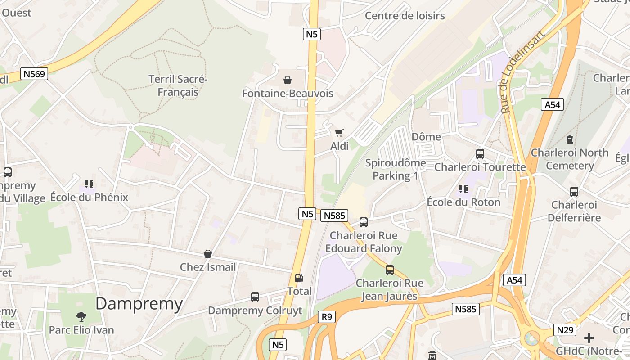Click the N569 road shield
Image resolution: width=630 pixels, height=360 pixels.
(35, 74)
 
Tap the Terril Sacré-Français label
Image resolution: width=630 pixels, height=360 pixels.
(178, 86)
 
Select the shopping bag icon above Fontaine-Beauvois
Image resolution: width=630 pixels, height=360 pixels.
(288, 80)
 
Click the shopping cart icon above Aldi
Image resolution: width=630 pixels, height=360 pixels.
(339, 133)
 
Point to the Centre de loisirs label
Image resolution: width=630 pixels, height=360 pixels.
(405, 16)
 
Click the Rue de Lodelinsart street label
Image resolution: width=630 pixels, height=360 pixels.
(523, 72)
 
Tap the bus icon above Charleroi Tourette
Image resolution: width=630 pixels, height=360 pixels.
(480, 154)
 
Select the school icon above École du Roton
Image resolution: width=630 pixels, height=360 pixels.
(463, 189)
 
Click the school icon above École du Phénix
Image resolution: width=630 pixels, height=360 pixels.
(89, 184)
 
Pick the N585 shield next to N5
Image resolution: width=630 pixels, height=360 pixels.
(334, 216)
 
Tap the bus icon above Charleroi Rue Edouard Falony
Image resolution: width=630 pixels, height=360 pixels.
(364, 222)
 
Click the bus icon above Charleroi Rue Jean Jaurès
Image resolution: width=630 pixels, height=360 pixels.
(390, 270)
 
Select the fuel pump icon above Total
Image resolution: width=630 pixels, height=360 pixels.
(299, 278)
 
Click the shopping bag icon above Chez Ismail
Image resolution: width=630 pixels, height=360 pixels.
(208, 254)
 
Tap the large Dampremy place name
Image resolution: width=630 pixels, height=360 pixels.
(139, 304)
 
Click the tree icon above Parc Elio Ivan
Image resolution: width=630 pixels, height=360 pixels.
(81, 316)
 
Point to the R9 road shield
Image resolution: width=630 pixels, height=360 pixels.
(327, 317)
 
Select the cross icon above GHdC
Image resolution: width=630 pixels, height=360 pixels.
(589, 337)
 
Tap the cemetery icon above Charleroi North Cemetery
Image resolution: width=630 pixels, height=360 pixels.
(570, 139)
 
